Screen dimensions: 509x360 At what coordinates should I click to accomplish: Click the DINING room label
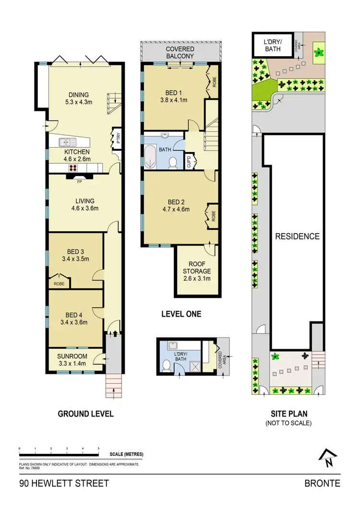click(x=79, y=95)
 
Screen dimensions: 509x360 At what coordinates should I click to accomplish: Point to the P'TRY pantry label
click(x=116, y=138)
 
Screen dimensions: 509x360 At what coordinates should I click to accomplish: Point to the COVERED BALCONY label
click(x=180, y=53)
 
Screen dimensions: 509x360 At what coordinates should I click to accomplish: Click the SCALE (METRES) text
click(x=126, y=454)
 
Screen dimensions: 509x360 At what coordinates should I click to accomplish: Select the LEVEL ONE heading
click(x=180, y=314)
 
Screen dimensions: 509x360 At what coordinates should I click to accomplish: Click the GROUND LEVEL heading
click(x=85, y=414)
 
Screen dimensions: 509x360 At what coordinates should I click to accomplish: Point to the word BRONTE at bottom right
click(x=322, y=483)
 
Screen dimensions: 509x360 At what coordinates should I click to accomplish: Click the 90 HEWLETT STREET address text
click(x=64, y=483)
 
